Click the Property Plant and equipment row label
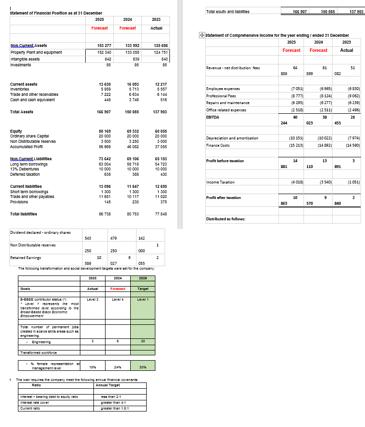(x=36, y=52)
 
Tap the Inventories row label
(x=22, y=89)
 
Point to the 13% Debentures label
(x=24, y=156)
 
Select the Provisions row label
(x=20, y=202)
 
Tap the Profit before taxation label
(x=225, y=161)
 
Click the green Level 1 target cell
(x=142, y=300)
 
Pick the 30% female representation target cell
(x=142, y=367)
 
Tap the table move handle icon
(x=201, y=35)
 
